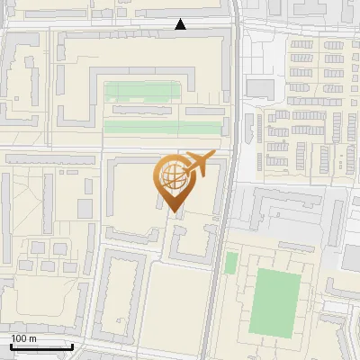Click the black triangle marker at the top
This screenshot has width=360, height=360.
[x=181, y=24]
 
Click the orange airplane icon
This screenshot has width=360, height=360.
[x=199, y=165]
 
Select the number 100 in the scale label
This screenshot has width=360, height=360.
[x=19, y=338]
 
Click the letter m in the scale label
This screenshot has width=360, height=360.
[x=32, y=338]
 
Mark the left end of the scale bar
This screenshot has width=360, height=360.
[x=11, y=346]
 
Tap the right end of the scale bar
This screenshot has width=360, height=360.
[x=73, y=346]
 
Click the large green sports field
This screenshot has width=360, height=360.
[x=274, y=301]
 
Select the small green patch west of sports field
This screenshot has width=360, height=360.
[x=231, y=263]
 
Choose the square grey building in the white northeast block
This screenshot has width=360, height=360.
[x=259, y=86]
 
